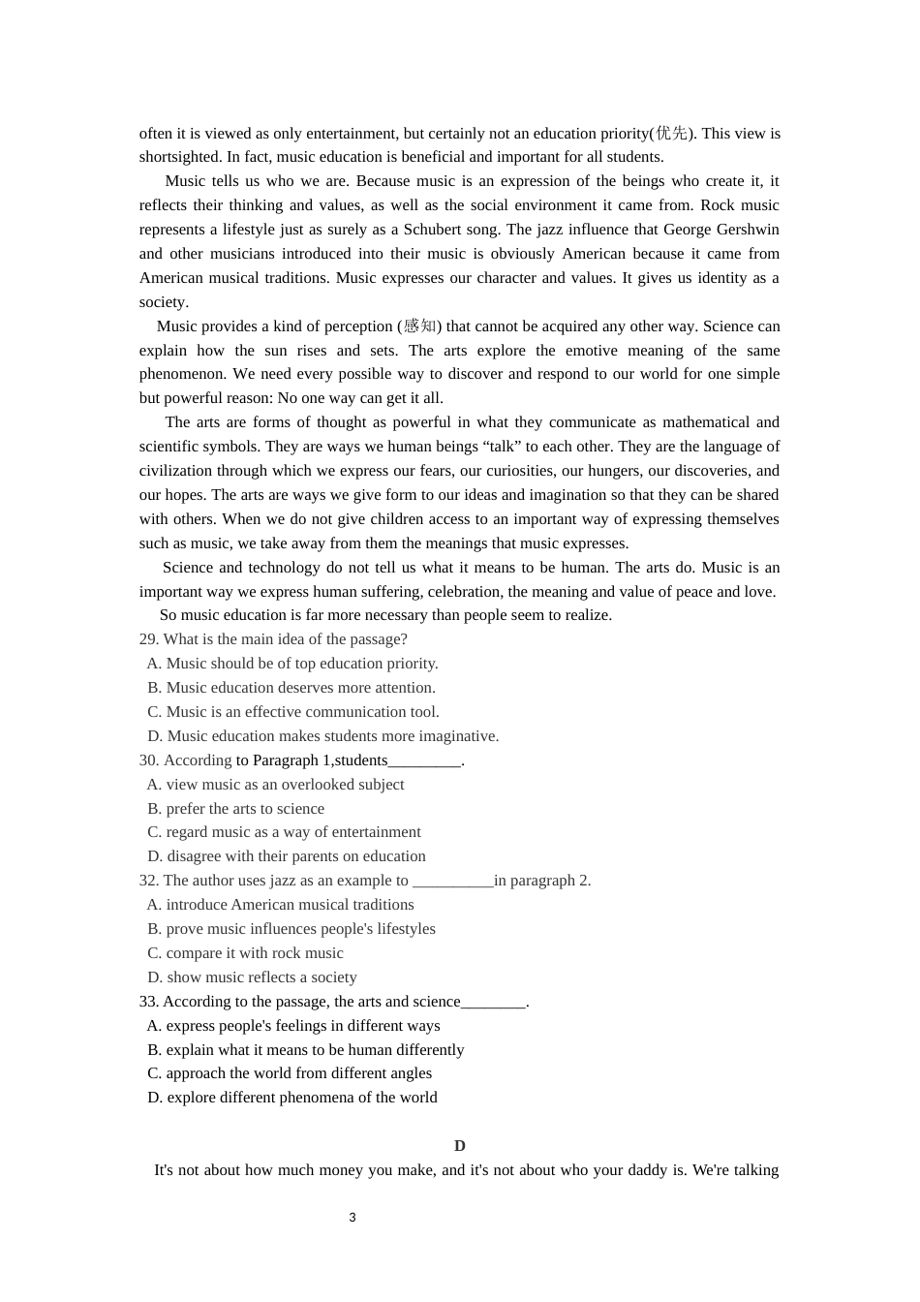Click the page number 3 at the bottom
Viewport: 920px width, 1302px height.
pos(353,1218)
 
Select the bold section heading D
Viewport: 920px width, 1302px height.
pos(460,1146)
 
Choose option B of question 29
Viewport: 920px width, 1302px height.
pos(291,688)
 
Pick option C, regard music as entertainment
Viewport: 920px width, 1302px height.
pos(284,832)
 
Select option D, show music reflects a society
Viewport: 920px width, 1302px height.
pos(252,977)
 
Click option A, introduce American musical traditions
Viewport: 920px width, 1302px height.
pos(280,905)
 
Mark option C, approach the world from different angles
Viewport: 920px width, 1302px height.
pos(290,1073)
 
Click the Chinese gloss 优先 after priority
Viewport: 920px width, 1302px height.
pos(671,134)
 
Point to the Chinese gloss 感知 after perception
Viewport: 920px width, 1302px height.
pos(419,326)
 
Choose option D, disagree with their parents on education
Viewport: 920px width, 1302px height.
pos(287,856)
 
